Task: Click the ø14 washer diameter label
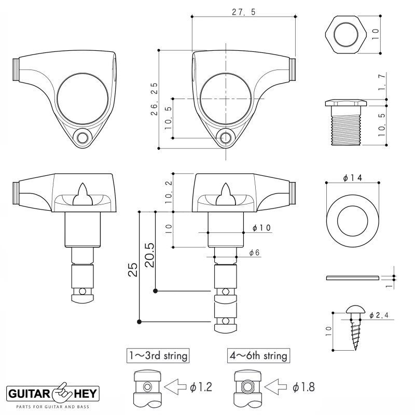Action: click(352, 177)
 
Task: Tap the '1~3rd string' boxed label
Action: click(158, 356)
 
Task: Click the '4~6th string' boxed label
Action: click(258, 356)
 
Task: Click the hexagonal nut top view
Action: click(345, 37)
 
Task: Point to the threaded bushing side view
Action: click(345, 122)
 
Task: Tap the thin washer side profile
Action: click(352, 278)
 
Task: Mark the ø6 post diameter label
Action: click(254, 252)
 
